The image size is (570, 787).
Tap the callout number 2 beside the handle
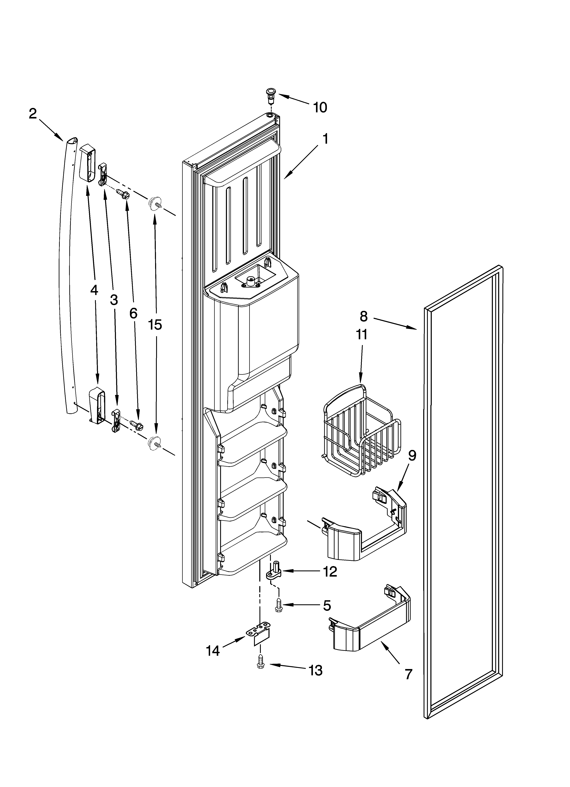click(33, 114)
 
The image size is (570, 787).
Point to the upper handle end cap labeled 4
click(87, 163)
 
